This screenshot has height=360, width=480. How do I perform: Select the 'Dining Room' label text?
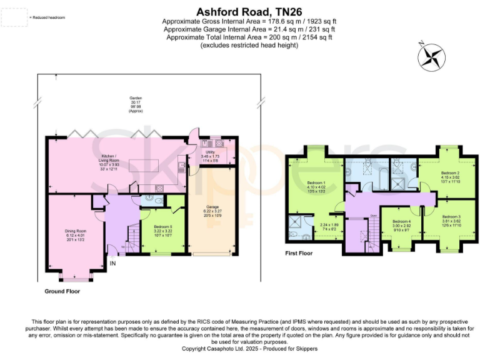point(76,231)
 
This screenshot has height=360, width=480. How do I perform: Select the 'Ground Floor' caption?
point(62,291)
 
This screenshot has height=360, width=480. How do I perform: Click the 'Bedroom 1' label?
point(315,182)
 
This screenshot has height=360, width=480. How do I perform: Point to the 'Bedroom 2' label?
point(450,172)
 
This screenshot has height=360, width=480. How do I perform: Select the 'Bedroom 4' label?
point(401,222)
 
